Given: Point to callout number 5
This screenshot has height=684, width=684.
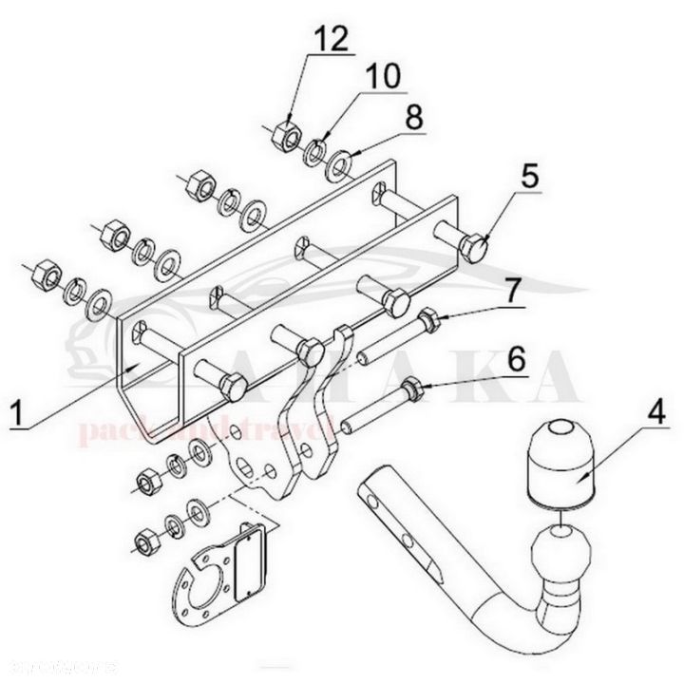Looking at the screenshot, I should [528, 177].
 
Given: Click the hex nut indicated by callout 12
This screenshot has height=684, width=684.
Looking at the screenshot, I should [284, 137].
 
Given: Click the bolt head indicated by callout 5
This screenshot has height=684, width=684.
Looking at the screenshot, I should [474, 250].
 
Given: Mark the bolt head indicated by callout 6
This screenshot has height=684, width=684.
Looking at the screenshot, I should [412, 387].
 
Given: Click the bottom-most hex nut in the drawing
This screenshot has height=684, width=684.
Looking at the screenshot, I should [145, 542].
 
